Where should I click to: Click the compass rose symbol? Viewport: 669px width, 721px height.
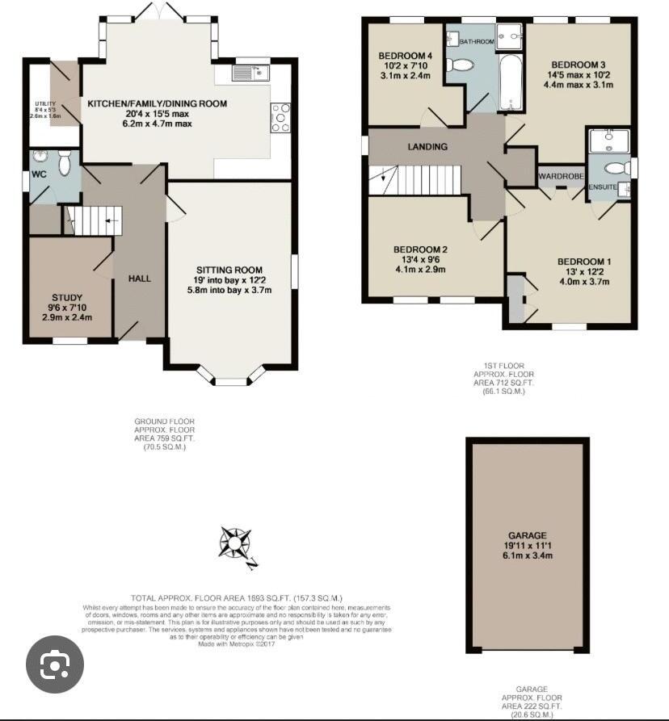(235, 543)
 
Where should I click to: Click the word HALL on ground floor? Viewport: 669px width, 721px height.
(140, 279)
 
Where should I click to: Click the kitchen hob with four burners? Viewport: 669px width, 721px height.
(280, 118)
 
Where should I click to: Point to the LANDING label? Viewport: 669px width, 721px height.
(427, 147)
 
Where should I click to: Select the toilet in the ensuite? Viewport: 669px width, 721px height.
(616, 168)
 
